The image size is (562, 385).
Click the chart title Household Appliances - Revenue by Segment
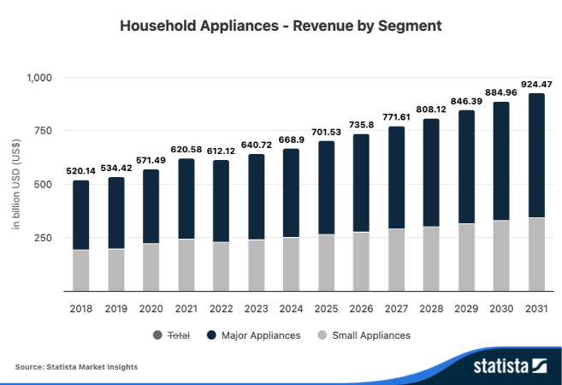pos(281,26)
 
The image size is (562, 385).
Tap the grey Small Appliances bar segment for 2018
pos(81,269)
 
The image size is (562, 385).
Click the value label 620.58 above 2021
pos(186,150)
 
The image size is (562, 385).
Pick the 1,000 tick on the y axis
pos(39,78)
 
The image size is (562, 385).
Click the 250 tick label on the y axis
pos(44,238)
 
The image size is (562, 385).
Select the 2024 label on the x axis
pos(291,308)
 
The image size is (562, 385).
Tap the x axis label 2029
pos(466,308)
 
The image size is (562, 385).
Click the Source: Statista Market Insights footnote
pos(76,367)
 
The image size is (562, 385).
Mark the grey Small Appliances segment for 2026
pos(361,261)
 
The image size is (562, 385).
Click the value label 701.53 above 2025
pos(326,133)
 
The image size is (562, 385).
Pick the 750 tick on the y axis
pos(44,131)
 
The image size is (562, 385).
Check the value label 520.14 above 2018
pos(81,171)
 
